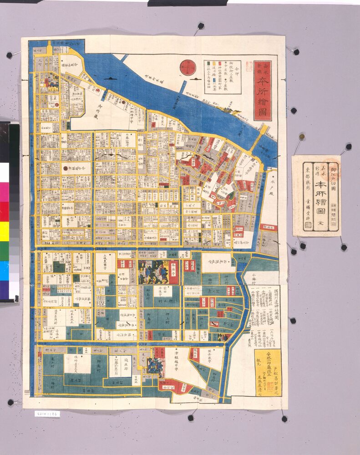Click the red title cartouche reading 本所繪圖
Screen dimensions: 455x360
[263, 90]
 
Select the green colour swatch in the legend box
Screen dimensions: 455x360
[209, 63]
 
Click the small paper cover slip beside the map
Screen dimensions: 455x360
[316, 196]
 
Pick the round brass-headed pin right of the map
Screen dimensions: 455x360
[301, 136]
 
